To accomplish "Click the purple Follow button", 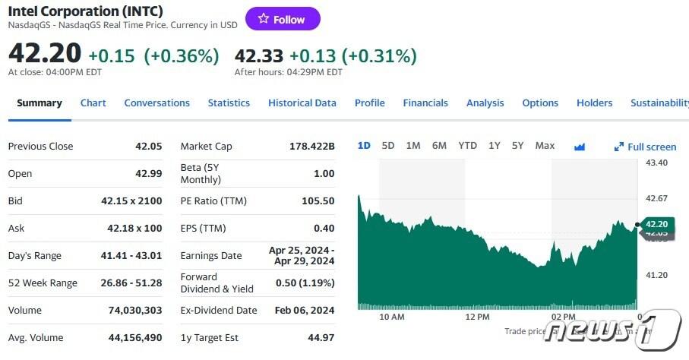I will tap(283, 19).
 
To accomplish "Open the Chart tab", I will tap(93, 103).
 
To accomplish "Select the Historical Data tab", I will tap(302, 103).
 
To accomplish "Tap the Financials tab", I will tap(425, 103).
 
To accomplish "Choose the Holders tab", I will tap(594, 103).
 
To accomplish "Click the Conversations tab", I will tap(156, 103).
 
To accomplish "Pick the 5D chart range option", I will tap(388, 146).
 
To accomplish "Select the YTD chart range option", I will tap(467, 146).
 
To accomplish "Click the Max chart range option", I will tap(545, 146).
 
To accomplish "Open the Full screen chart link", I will tap(646, 147).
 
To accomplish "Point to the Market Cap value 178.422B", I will tap(311, 146).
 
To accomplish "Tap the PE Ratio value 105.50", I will tap(318, 201).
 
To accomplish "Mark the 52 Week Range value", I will tap(131, 283).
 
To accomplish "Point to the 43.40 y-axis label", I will tap(656, 163).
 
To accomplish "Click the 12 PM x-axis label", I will tap(477, 316).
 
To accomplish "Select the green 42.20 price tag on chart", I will tap(656, 224).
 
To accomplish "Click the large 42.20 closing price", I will tap(44, 54).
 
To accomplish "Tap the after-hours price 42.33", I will tap(260, 55).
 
